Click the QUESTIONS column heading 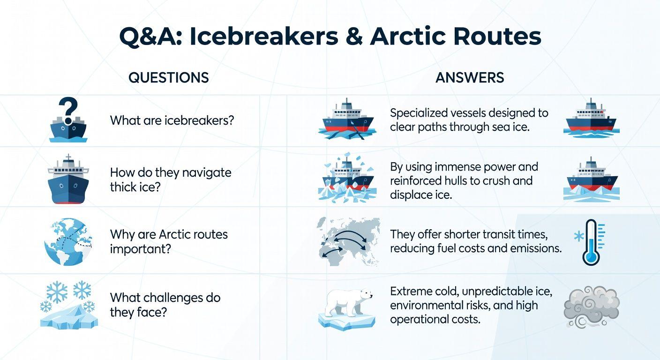[x=168, y=77]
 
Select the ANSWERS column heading [x=470, y=77]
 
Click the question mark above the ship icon [x=68, y=109]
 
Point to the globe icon [x=68, y=242]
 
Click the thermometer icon [x=590, y=242]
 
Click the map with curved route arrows [x=347, y=242]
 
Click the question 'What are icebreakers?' [x=172, y=120]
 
